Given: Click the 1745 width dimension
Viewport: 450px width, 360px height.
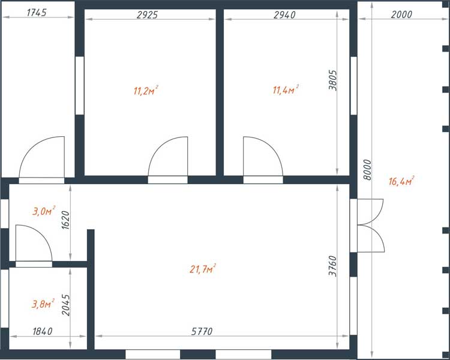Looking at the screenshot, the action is click(x=37, y=13).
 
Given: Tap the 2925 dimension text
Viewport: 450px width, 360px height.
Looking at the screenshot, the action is click(x=147, y=14).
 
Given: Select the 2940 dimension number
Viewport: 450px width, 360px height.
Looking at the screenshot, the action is click(x=284, y=14).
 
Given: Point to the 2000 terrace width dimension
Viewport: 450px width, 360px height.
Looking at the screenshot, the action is click(x=401, y=14).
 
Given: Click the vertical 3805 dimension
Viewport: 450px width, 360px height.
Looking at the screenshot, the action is click(x=332, y=80).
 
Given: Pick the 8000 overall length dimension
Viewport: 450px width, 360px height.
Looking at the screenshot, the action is click(x=367, y=170).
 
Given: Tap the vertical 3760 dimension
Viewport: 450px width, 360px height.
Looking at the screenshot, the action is click(x=332, y=266).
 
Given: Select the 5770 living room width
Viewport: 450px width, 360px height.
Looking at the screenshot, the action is click(x=202, y=332).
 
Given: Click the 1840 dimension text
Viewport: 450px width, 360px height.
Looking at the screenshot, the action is click(x=43, y=331).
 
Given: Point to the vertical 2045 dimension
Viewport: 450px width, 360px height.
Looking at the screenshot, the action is click(x=66, y=305).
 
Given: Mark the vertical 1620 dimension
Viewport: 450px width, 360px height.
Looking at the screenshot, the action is click(x=66, y=220).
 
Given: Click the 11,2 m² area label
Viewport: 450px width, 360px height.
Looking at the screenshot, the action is click(x=146, y=91).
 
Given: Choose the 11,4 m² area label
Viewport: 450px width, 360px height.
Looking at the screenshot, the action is click(x=286, y=89).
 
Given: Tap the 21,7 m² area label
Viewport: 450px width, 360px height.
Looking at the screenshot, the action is click(x=203, y=269).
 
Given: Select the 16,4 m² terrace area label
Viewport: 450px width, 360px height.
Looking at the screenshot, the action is click(x=401, y=181).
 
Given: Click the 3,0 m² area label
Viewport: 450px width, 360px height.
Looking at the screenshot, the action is click(x=44, y=211).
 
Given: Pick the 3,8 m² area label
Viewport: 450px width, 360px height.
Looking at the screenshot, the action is click(x=43, y=304).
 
